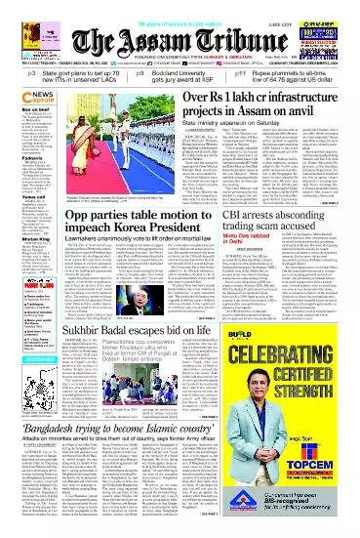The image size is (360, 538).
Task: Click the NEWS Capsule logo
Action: [x=20, y=98]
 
